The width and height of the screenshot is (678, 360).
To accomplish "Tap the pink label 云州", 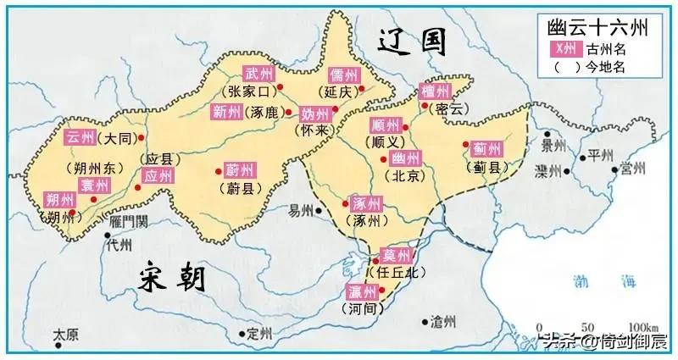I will (81, 137).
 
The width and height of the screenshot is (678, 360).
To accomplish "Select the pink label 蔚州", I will (239, 169).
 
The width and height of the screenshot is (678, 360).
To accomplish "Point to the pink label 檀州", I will (436, 91).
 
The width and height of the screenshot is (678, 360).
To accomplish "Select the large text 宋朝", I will (176, 277).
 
